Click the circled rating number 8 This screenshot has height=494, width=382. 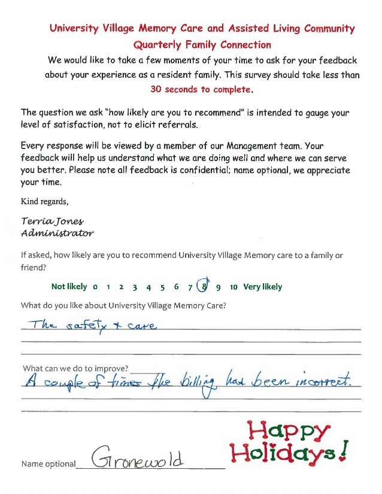[204, 286]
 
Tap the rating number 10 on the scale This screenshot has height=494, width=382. [234, 287]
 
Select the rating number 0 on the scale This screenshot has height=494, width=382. [95, 287]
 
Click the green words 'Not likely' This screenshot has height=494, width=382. [69, 287]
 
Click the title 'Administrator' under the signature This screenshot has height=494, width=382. [57, 232]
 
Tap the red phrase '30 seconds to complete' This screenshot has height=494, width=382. [201, 89]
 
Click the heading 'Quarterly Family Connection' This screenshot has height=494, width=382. [202, 45]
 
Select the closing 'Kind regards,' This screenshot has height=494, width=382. [44, 201]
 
